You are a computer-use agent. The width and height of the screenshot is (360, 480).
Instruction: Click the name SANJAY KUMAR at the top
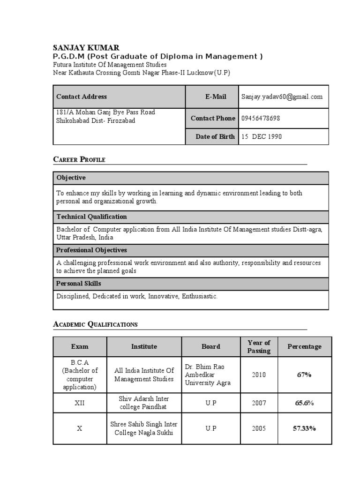(x=86, y=47)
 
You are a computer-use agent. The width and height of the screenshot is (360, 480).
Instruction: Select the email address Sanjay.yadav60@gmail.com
(x=282, y=97)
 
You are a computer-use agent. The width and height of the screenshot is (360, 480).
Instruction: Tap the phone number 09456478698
(x=261, y=118)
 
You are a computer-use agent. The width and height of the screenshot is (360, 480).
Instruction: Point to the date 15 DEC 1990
(x=262, y=137)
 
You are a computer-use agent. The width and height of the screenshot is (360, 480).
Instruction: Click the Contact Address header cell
(x=82, y=97)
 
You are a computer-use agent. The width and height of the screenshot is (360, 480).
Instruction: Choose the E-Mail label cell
(x=215, y=97)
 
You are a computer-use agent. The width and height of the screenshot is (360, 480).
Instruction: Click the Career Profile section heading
(x=79, y=159)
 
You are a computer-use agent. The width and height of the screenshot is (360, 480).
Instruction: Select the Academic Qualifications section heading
(x=95, y=324)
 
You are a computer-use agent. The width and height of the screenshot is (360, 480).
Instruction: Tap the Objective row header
(x=71, y=178)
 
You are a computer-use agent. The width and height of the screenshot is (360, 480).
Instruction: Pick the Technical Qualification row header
(x=91, y=217)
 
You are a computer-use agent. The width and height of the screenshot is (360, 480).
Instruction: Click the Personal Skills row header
(x=79, y=284)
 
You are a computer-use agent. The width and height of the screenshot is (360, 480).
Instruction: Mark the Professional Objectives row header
(x=91, y=250)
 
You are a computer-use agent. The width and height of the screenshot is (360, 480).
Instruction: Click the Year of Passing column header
(x=259, y=346)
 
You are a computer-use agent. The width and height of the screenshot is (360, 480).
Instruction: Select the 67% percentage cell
(x=304, y=375)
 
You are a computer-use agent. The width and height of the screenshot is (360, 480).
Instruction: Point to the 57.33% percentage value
(x=304, y=428)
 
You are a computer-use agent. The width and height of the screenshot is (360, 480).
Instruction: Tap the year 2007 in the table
(x=259, y=403)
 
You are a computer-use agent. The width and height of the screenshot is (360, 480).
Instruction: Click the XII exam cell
(x=80, y=403)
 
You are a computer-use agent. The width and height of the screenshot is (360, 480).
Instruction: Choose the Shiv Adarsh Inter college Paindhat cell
(x=144, y=403)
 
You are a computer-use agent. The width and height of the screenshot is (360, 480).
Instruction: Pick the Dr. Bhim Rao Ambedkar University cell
(x=208, y=375)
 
